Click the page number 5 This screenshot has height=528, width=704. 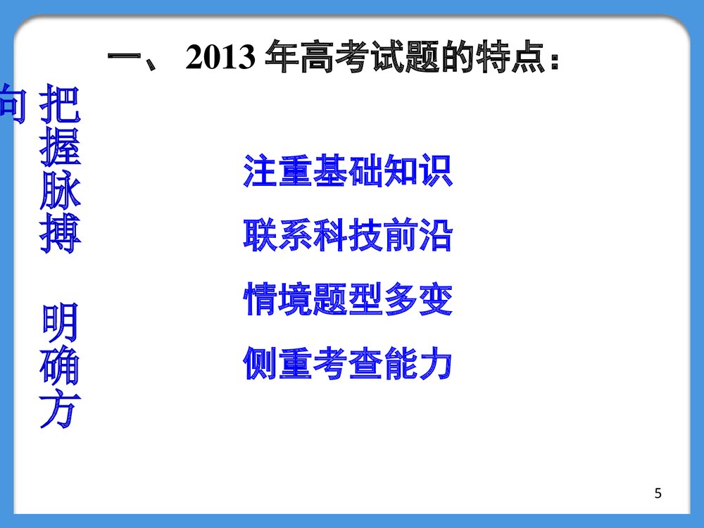click(x=658, y=494)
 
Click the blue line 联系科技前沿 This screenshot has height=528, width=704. click(x=348, y=236)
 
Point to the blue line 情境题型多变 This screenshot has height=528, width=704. click(x=348, y=300)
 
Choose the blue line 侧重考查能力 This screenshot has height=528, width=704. click(x=348, y=363)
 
